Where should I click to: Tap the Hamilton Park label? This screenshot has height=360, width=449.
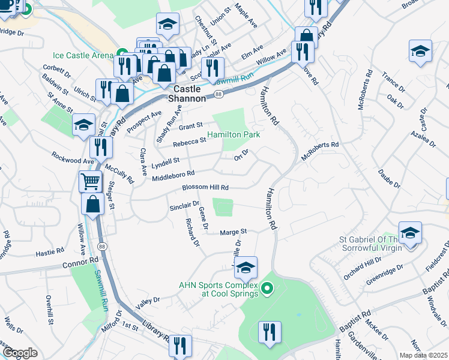point(234,135)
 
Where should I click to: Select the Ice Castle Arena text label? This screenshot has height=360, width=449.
point(83,55)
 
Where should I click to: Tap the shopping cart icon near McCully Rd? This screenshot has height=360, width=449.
point(90,181)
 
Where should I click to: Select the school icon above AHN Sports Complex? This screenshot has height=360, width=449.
point(246,268)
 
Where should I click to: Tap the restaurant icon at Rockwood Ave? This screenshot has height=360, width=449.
point(101,148)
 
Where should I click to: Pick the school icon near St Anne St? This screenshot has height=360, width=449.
point(84,125)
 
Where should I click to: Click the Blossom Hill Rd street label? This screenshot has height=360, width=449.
point(206,188)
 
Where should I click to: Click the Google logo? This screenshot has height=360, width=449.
point(20,353)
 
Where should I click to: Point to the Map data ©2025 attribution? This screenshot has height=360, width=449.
point(424,355)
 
